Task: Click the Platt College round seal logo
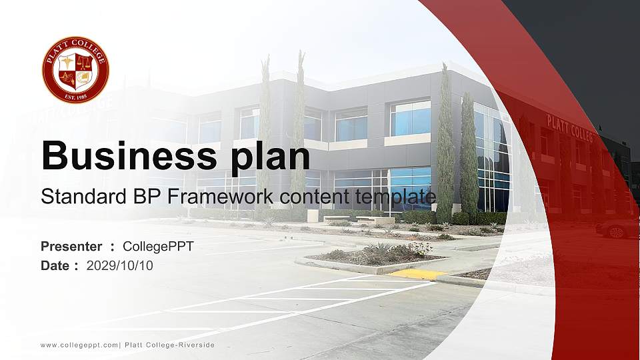tap(75, 70)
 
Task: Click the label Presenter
tap(71, 247)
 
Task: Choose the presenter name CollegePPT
tap(158, 247)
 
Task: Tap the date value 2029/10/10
tap(120, 265)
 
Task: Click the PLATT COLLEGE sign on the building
tap(569, 128)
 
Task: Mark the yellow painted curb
tap(417, 273)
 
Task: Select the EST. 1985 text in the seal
tap(75, 95)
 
